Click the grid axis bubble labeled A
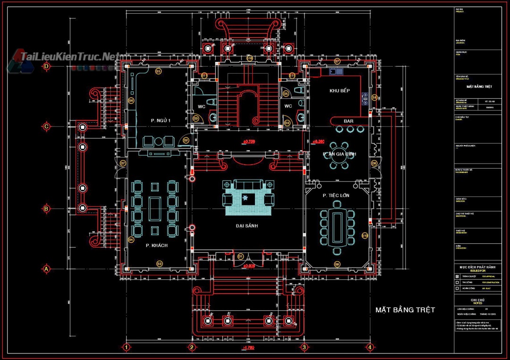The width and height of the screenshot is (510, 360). click(x=46, y=269)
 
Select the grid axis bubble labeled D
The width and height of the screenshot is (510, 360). click(x=46, y=67)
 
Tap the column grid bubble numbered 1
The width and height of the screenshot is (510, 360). click(x=126, y=347)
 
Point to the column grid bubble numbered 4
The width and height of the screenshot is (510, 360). click(x=370, y=347)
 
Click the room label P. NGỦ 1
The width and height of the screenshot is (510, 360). click(x=161, y=121)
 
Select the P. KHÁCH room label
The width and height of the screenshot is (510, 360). click(x=156, y=245)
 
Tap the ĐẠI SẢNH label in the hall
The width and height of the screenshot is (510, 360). click(x=247, y=226)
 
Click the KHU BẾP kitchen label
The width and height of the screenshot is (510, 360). click(x=339, y=90)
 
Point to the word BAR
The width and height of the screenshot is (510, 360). click(x=348, y=121)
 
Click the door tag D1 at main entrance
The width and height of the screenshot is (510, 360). click(x=240, y=257)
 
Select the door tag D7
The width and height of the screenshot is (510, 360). click(x=123, y=163)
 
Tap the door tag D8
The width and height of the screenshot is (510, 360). click(x=374, y=163)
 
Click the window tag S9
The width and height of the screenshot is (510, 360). click(x=337, y=264)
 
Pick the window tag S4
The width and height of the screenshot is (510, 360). click(x=131, y=240)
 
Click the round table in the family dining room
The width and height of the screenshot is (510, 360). click(x=339, y=154)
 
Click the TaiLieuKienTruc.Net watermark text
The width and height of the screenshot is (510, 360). click(x=68, y=57)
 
